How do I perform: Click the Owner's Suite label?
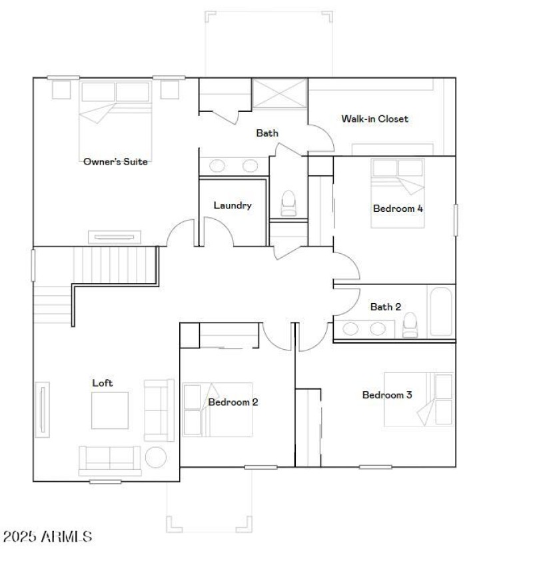coord(115,161)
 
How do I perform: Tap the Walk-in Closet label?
coord(374,119)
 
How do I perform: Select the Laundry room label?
coord(233,205)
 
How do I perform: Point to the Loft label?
coord(102,383)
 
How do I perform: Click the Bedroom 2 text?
coord(233,402)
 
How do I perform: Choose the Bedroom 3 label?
coord(386,395)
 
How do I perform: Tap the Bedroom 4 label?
coord(398,209)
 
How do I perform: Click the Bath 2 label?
coord(386,307)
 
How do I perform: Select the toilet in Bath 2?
coord(410,325)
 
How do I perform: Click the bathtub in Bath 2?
coord(440,311)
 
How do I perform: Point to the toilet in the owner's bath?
coord(288,203)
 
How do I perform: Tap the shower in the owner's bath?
coord(280,93)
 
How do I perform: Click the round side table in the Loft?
coord(156,458)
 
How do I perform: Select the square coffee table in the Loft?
coord(110,410)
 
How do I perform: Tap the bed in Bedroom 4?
coord(397,193)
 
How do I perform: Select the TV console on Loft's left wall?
coord(43,409)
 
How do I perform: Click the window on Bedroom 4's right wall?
coord(456,220)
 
